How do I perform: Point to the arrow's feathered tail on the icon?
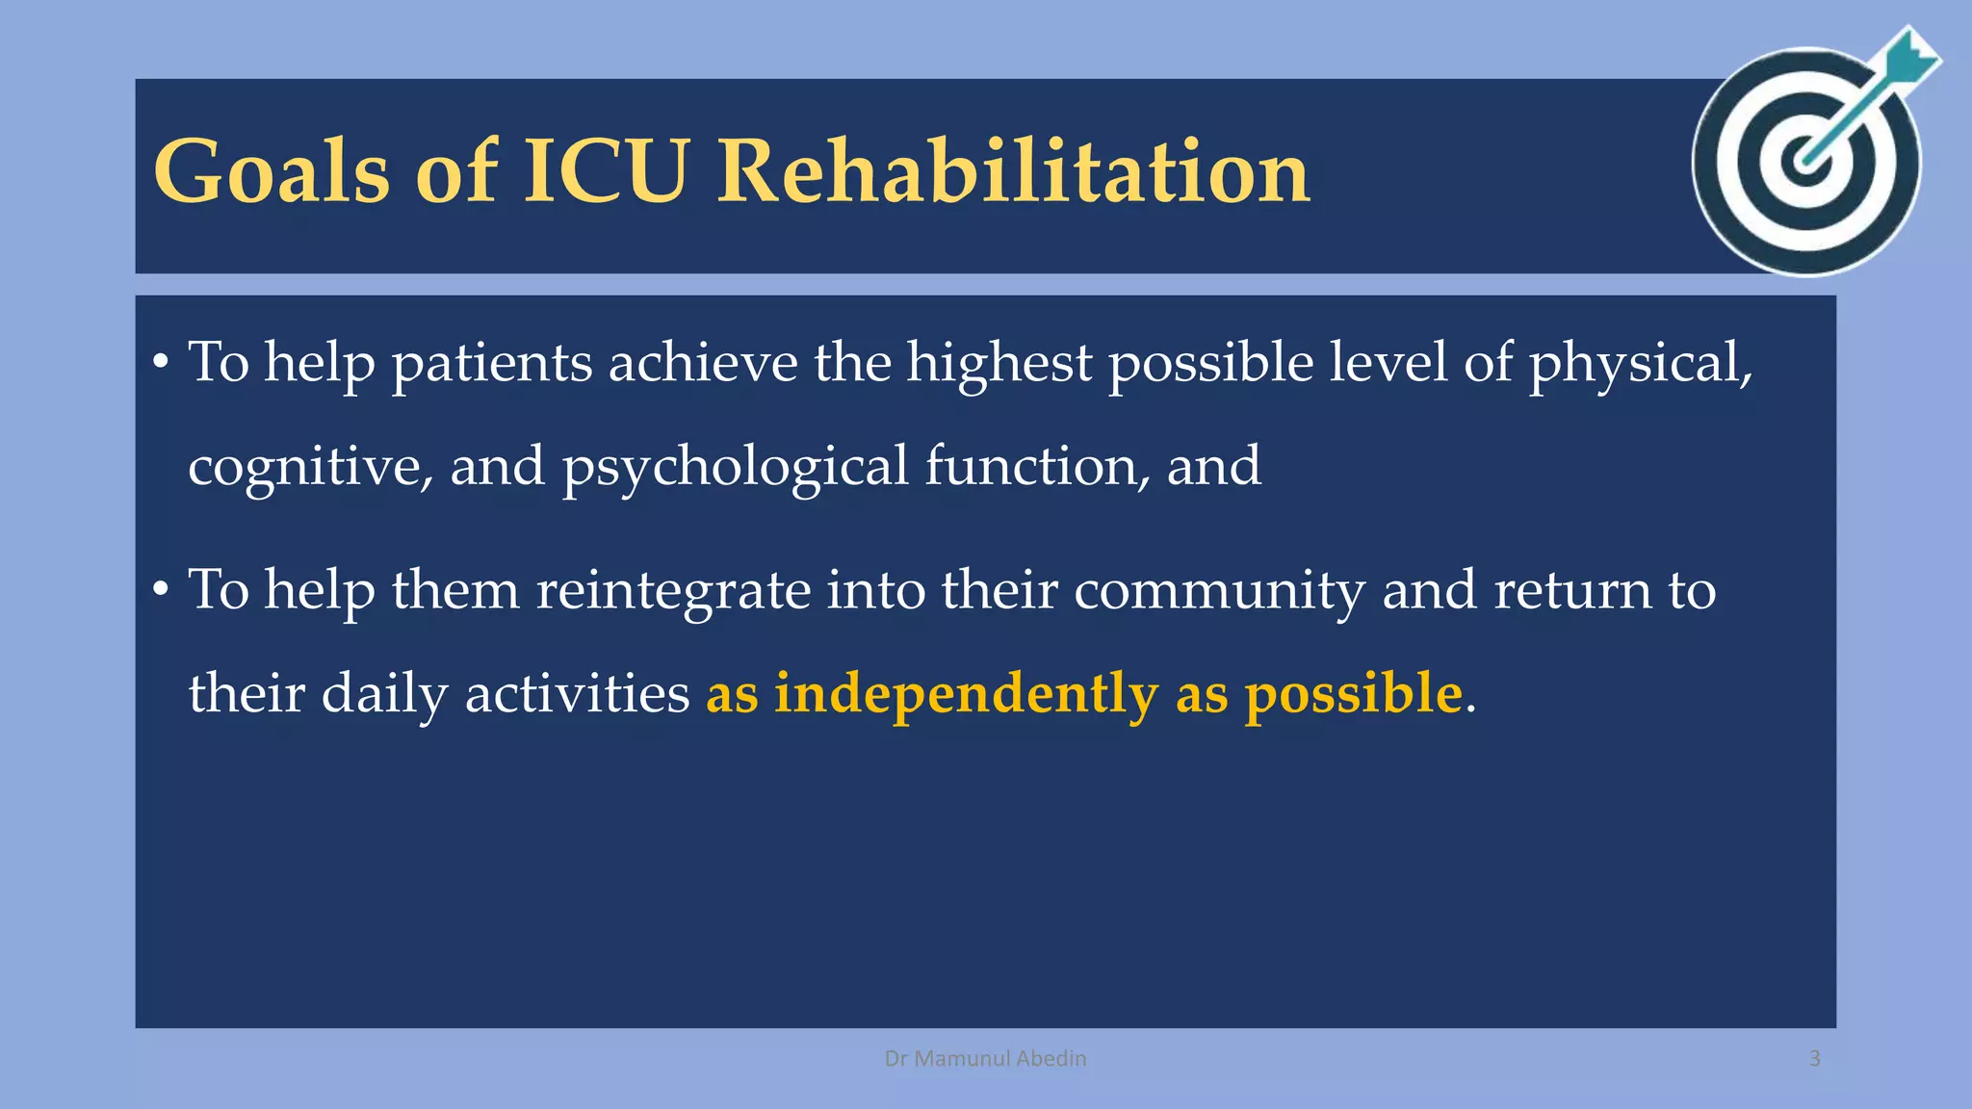click(x=1912, y=58)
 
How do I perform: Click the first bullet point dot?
click(x=160, y=364)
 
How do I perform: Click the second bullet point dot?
click(x=160, y=591)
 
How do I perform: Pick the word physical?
click(x=1640, y=364)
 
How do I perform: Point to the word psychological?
click(x=735, y=467)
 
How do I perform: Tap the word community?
click(x=1219, y=589)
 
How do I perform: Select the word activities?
click(x=577, y=693)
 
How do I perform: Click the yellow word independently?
click(x=966, y=693)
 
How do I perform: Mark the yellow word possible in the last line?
click(x=1354, y=693)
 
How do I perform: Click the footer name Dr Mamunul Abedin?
click(x=985, y=1059)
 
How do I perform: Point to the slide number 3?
click(x=1814, y=1059)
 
